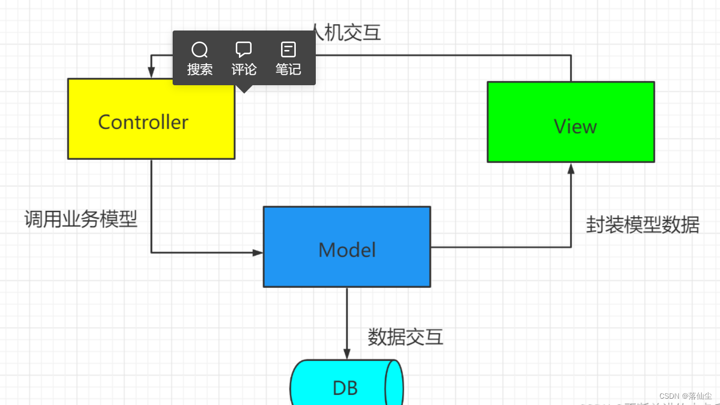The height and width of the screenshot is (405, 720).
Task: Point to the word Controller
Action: click(x=143, y=123)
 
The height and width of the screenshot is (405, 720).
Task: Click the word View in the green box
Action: click(x=575, y=127)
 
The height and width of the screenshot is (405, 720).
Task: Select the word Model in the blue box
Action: click(x=347, y=250)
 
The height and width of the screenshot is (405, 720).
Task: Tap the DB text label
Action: click(x=345, y=389)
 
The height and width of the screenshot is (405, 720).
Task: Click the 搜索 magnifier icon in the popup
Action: click(x=199, y=50)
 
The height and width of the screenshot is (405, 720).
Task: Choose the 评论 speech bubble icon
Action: click(x=244, y=50)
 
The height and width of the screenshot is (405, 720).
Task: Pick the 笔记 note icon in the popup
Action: click(x=288, y=50)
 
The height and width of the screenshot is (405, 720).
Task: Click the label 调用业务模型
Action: click(x=81, y=219)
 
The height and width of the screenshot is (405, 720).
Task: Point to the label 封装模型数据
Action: click(x=643, y=225)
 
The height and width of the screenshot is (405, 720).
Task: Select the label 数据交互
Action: click(x=405, y=337)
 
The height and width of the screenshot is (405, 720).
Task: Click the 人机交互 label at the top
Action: click(x=347, y=33)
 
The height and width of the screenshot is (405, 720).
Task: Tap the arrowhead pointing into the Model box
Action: click(x=258, y=252)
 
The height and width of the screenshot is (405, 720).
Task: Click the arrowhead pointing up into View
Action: click(x=571, y=168)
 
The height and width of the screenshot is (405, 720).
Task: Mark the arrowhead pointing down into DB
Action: click(x=347, y=354)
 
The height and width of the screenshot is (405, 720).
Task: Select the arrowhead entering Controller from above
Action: click(x=151, y=73)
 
